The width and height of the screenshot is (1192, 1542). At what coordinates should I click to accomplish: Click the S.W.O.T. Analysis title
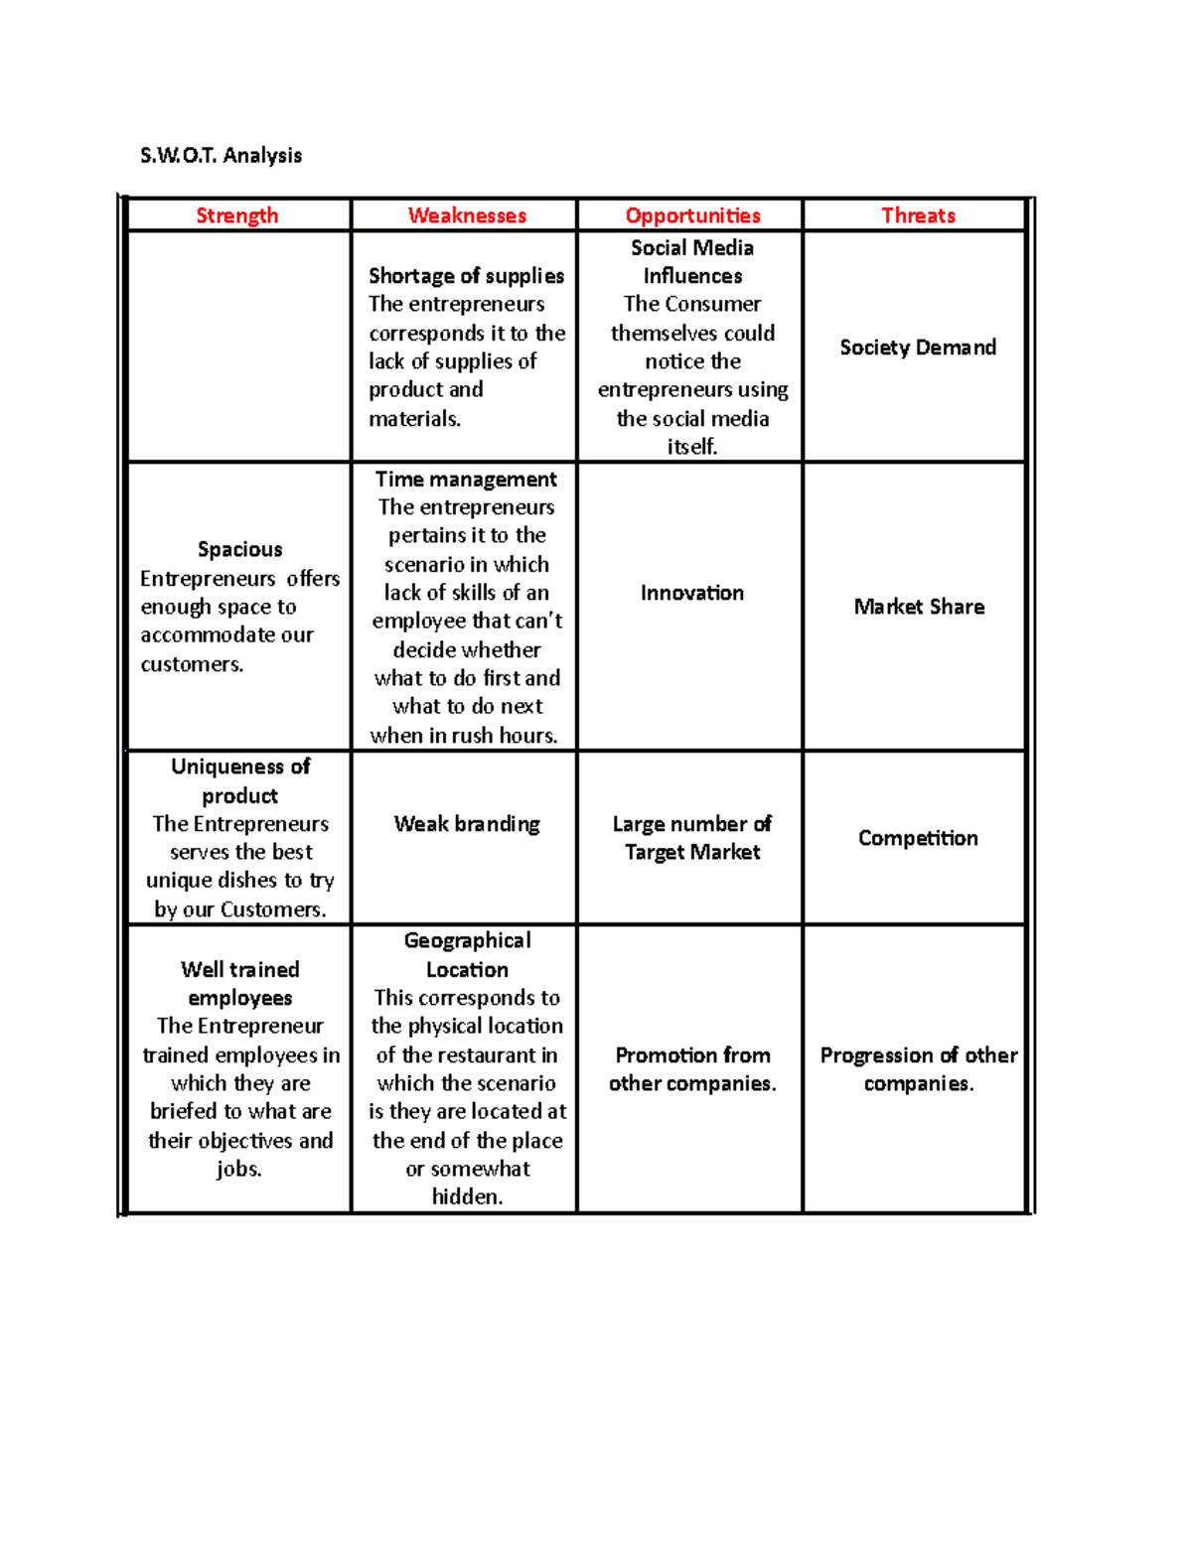(221, 155)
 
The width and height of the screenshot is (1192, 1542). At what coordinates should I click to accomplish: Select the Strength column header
(237, 215)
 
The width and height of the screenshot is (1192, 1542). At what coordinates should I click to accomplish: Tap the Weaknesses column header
(467, 215)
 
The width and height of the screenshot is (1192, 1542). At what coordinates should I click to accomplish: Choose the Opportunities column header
(692, 215)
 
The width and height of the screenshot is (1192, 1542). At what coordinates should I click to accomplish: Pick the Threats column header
(918, 215)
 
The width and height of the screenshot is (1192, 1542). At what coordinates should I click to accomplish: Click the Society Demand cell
(918, 348)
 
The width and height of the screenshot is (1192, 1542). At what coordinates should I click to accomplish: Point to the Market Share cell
(919, 607)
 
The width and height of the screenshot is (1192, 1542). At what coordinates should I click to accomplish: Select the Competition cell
(918, 838)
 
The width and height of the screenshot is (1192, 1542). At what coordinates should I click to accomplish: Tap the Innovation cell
(692, 593)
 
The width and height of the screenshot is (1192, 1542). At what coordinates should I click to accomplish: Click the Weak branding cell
(467, 824)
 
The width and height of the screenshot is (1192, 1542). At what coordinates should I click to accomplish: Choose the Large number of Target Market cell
(692, 838)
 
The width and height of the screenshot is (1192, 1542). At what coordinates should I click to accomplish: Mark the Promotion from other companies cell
(692, 1069)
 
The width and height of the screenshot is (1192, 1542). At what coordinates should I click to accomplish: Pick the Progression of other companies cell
(919, 1069)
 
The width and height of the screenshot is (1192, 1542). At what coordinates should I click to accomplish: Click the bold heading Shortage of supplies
(466, 276)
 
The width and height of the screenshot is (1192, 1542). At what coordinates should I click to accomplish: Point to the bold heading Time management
(466, 479)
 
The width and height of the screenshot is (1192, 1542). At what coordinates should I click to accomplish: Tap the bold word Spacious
(239, 549)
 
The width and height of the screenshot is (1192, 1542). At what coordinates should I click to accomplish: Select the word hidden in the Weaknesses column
(467, 1197)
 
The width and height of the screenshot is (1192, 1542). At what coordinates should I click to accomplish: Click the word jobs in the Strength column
(239, 1169)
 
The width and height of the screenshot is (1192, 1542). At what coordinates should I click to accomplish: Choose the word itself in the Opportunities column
(692, 447)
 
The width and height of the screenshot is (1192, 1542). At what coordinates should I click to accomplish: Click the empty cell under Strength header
(239, 347)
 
